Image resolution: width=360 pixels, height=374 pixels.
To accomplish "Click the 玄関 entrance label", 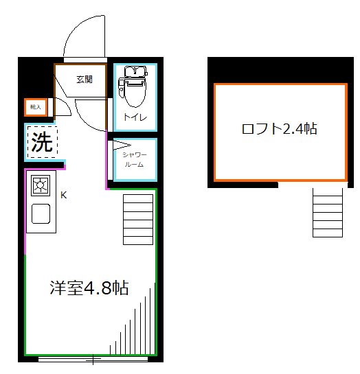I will point(85,79).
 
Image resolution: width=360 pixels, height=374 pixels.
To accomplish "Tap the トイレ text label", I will point(134,117).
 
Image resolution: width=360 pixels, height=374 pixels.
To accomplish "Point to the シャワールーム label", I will point(134,160).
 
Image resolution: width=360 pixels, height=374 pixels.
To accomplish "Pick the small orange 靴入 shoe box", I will point(36,107).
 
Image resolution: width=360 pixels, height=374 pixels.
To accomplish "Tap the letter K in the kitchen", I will point(64,195).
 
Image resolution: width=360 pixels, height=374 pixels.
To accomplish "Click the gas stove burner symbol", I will point(41,186).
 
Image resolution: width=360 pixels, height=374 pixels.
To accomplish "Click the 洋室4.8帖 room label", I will point(89,288).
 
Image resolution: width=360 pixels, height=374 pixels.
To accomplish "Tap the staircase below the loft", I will point(327,211).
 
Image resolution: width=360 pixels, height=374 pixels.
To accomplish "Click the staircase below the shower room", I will point(138,218).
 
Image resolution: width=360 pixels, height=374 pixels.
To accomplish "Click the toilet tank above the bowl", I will point(134,72).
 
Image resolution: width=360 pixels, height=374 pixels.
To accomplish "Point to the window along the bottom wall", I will point(93,358).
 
